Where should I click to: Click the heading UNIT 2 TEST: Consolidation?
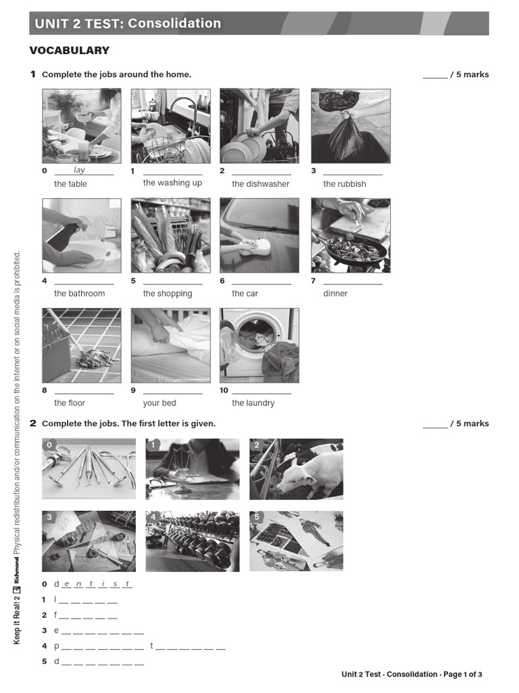[x=128, y=24]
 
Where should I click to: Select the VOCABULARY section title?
[x=69, y=51]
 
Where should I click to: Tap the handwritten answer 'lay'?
[x=80, y=171]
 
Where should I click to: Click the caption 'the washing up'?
[x=172, y=183]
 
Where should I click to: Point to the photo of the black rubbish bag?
[x=350, y=125]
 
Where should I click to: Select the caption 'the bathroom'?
[x=80, y=293]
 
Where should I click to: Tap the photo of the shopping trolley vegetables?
[x=170, y=235]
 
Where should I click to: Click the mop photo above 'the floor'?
[x=82, y=345]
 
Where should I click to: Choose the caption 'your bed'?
[x=159, y=403]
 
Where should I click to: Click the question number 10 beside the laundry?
[x=224, y=390]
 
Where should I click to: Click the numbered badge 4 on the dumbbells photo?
[x=153, y=518]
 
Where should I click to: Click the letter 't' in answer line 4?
[x=152, y=646]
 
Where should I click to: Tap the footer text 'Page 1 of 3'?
[x=462, y=674]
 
